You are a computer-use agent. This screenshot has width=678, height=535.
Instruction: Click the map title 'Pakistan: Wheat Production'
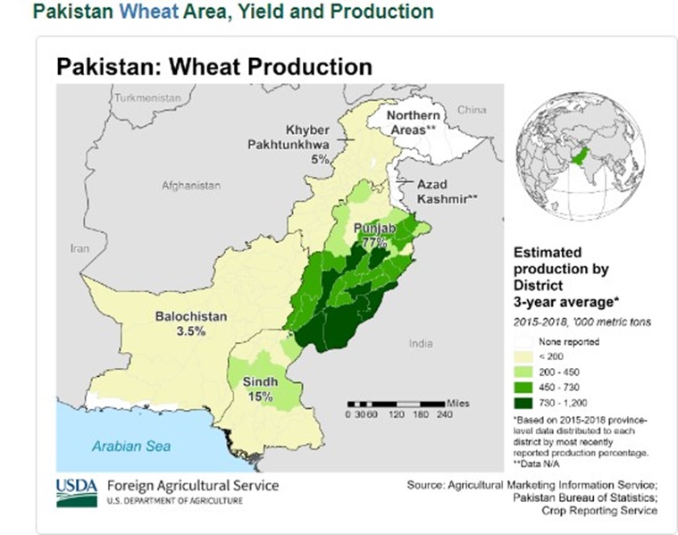[213, 67]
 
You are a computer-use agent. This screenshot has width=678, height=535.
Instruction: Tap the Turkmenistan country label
[141, 96]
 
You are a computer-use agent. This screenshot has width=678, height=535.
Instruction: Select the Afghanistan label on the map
[190, 186]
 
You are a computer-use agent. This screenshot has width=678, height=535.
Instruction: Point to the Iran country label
[80, 249]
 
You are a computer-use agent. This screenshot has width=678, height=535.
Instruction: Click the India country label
[419, 343]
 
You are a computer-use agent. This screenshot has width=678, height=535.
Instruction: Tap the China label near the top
[471, 110]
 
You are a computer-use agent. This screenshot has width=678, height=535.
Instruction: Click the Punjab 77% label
[376, 235]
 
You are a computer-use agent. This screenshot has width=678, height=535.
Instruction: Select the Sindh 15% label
[260, 389]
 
